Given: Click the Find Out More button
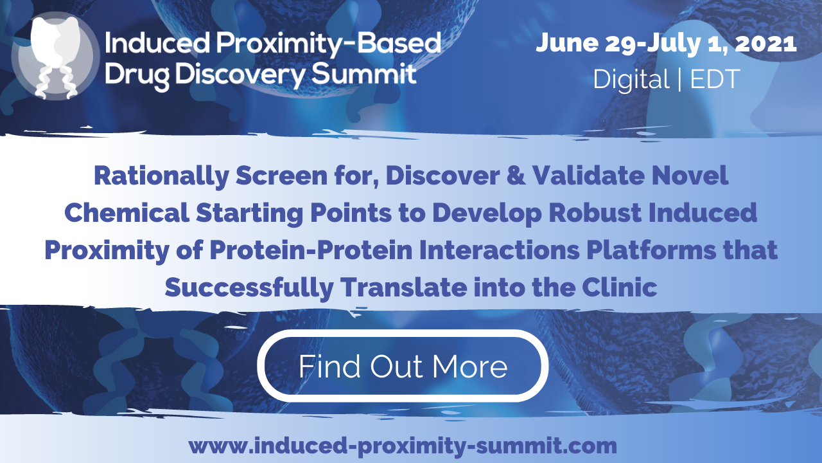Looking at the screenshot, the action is tap(403, 366).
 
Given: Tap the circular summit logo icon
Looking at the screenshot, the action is tap(55, 56).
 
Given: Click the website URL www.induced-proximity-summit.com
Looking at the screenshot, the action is tap(403, 446).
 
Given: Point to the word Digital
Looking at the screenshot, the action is tap(631, 79).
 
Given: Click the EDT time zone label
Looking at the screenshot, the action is tap(715, 79).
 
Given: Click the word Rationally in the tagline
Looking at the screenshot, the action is tap(161, 176).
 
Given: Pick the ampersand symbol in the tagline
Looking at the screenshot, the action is tap(516, 176).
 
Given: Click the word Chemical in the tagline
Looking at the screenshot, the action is tap(127, 213).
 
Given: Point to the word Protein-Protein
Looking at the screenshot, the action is tap(311, 250).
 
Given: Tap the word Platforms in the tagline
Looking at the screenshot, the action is tap(651, 250).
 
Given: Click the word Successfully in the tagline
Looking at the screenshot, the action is tap(249, 287).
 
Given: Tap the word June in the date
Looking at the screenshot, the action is tap(567, 43).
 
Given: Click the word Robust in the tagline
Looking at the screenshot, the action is tap(595, 213).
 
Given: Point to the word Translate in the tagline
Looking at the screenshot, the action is tap(404, 287).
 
